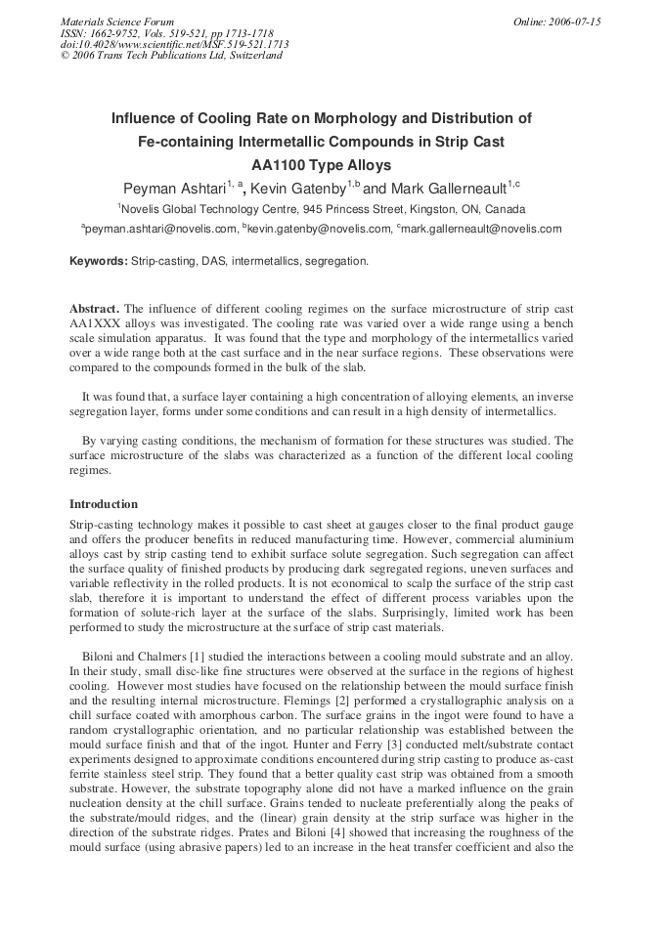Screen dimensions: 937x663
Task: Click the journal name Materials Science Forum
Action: click(x=117, y=21)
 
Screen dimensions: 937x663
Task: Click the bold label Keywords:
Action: click(x=99, y=261)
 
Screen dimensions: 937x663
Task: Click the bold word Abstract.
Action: click(x=95, y=309)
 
